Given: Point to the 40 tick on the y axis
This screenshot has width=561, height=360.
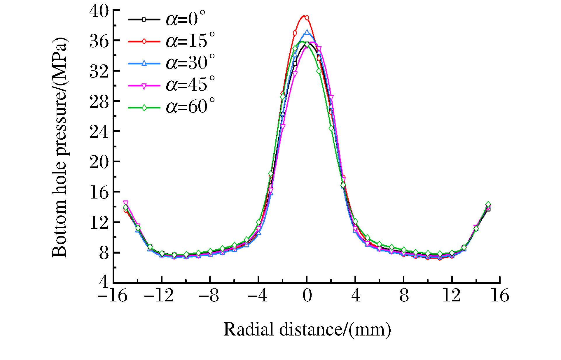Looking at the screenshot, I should tap(99, 11).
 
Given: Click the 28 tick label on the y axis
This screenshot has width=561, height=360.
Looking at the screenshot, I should tap(99, 102).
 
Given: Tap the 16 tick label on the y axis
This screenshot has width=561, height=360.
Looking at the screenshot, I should tap(99, 193).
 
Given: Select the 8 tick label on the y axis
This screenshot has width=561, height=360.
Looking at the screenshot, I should tap(104, 253).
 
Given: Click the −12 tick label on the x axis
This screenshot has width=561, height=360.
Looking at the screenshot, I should tap(159, 296).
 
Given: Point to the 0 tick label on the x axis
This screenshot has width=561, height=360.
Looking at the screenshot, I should tap(307, 296).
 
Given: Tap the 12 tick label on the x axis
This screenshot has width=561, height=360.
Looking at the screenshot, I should tap(451, 296).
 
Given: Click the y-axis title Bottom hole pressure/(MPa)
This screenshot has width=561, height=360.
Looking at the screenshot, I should tap(60, 147).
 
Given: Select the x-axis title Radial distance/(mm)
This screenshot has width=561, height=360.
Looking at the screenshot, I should tap(307, 329).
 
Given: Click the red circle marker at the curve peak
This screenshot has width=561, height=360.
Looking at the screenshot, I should tap(307, 18).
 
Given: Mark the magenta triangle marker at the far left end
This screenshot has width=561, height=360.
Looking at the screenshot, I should tap(126, 203).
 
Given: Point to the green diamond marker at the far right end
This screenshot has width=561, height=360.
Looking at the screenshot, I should tap(488, 204).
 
